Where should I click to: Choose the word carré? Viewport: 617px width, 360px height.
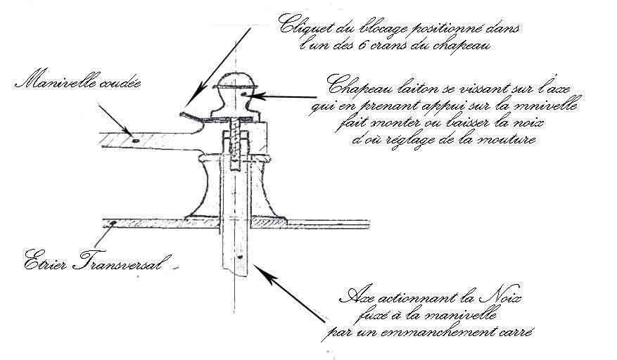click(519, 331)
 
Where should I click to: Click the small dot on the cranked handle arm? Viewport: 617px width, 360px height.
click(133, 139)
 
